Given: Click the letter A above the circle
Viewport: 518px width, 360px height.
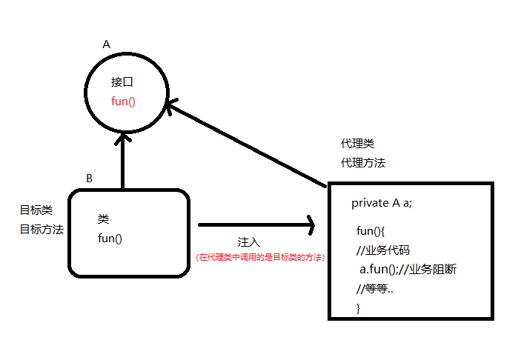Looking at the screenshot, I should pos(106,44).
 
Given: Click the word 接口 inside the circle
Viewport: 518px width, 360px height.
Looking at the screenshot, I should pos(122,82).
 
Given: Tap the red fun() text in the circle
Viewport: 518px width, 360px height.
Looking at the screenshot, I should pos(123,101).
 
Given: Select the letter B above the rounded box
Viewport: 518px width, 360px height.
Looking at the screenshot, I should pos(90,179).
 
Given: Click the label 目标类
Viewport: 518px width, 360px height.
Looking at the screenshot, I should pos(36,210).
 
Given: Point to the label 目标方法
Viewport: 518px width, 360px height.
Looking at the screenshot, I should pos(41,229).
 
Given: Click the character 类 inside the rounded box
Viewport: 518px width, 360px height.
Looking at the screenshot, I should pos(103,219).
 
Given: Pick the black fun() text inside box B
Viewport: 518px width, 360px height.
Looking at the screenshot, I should pos(110,238).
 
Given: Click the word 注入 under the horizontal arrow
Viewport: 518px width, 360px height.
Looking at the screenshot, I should pos(248,242).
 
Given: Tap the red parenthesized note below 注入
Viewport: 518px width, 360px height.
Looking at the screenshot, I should pos(260,257).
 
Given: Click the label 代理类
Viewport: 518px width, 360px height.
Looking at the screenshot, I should pos(352,143).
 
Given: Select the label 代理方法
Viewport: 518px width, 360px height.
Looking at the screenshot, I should pos(362,162).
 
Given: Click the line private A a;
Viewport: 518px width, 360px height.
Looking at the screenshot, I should pos(387,203).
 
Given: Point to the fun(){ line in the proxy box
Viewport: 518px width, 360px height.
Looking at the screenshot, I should pos(371,231).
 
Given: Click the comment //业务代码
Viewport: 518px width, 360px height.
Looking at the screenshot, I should pos(382,250).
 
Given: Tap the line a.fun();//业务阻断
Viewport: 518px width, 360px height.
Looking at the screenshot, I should pos(407,269).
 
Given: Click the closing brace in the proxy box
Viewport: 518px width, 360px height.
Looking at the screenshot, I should pos(359,307).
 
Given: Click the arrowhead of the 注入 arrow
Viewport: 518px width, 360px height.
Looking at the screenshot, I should pos(310,223).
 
